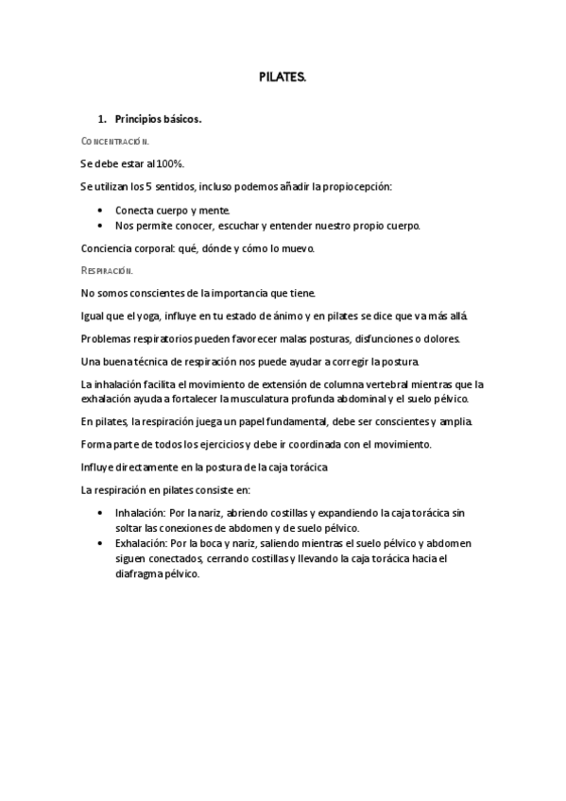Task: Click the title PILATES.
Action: click(283, 79)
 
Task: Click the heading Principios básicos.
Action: click(158, 120)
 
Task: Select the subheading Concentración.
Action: click(115, 142)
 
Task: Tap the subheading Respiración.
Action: click(108, 270)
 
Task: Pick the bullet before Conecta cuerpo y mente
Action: click(102, 211)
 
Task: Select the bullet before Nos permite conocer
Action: click(102, 227)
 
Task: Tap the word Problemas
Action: click(108, 339)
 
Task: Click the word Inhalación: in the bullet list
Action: click(141, 513)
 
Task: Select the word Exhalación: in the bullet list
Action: click(141, 544)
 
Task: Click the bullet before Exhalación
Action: click(102, 544)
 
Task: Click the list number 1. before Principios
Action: click(103, 120)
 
